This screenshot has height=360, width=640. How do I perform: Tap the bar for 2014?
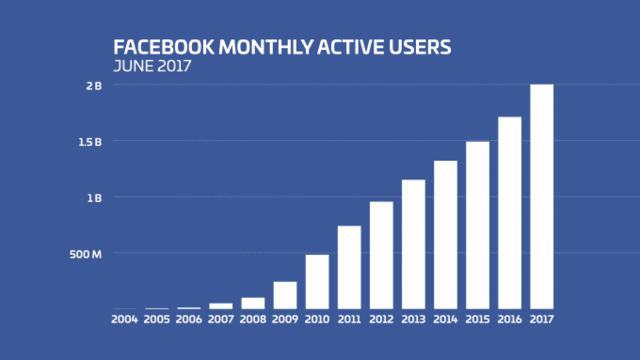pyautogui.click(x=445, y=235)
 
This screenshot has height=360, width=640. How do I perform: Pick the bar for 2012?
pyautogui.click(x=381, y=255)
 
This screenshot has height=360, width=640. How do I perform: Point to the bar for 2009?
pyautogui.click(x=285, y=295)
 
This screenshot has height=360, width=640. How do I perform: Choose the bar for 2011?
pyautogui.click(x=349, y=267)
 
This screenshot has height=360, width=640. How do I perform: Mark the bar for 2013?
pyautogui.click(x=413, y=244)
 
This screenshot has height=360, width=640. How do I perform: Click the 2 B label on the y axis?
pyautogui.click(x=93, y=86)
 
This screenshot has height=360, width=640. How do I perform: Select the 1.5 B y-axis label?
pyautogui.click(x=90, y=142)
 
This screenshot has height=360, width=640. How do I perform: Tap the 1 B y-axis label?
pyautogui.click(x=93, y=198)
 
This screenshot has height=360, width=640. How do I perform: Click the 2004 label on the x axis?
pyautogui.click(x=125, y=319)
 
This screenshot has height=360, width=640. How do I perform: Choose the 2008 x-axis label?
pyautogui.click(x=253, y=319)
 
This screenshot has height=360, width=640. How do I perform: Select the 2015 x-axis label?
pyautogui.click(x=477, y=319)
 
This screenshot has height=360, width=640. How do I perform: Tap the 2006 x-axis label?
pyautogui.click(x=189, y=319)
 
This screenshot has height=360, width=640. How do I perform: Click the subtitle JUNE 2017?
pyautogui.click(x=153, y=67)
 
